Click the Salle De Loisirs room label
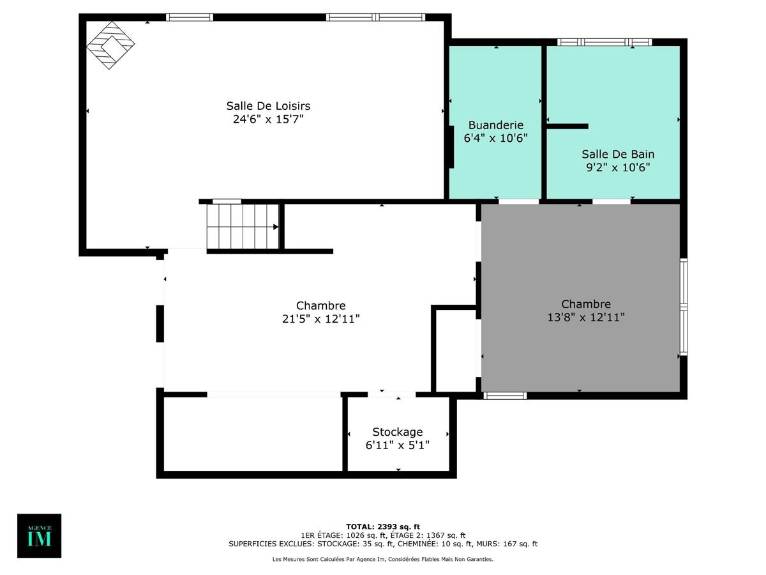(268, 105)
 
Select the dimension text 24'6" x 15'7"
(268, 119)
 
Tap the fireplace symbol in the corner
(111, 44)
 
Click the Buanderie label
(495, 125)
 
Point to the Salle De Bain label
(617, 154)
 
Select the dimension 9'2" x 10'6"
(617, 167)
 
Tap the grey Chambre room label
(585, 304)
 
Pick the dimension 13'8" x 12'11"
(585, 317)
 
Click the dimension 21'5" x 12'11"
(320, 319)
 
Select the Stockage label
(397, 433)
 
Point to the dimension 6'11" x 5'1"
(397, 445)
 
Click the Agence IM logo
(39, 535)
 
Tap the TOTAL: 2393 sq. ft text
(383, 526)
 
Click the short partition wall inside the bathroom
(567, 126)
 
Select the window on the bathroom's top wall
(604, 42)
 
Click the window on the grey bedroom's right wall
(683, 307)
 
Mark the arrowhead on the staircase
(276, 227)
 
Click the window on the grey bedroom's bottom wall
(505, 395)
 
